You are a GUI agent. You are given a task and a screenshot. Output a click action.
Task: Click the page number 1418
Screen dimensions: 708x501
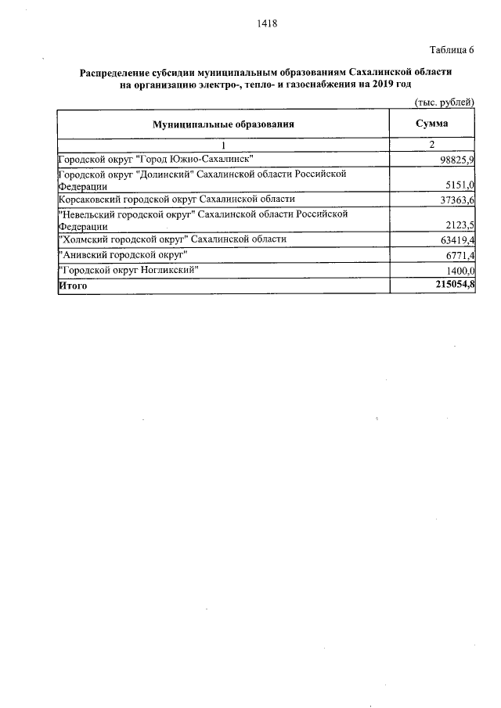[267, 23]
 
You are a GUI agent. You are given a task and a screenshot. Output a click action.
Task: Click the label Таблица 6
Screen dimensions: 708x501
[451, 52]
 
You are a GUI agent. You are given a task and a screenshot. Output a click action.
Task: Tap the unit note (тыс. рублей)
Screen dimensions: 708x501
[445, 103]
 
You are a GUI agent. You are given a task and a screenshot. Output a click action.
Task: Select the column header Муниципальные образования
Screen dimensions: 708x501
[223, 124]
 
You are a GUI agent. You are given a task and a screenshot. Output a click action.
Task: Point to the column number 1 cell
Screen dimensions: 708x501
[223, 145]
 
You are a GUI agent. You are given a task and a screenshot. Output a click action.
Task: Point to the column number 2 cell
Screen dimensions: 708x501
[432, 145]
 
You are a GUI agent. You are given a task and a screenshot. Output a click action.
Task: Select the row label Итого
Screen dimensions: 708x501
[74, 286]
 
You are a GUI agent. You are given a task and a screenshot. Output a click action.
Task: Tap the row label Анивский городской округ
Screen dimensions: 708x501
[124, 255]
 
